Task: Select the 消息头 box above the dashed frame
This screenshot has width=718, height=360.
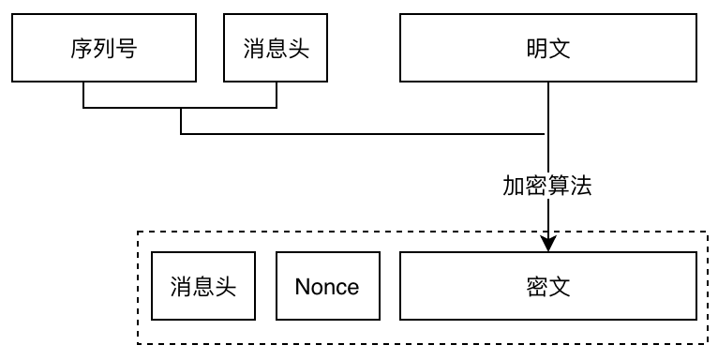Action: click(x=277, y=49)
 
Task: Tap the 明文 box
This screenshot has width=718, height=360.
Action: click(x=548, y=49)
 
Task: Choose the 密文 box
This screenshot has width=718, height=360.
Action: click(x=548, y=286)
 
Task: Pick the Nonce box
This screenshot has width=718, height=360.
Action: click(x=327, y=286)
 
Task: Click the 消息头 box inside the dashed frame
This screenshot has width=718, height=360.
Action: click(x=203, y=286)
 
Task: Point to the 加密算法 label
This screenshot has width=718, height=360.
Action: click(x=547, y=186)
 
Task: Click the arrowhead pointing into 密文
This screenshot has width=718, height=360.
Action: click(x=548, y=243)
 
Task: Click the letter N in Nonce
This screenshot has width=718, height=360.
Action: click(x=302, y=286)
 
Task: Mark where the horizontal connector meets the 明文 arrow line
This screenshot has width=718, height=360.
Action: click(x=548, y=134)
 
